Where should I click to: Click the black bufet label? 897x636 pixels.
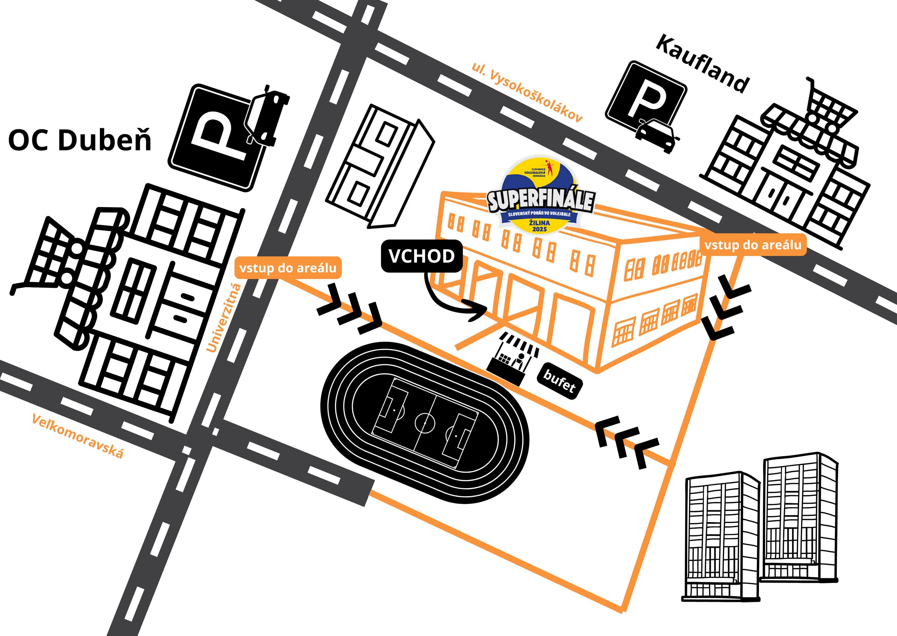559,381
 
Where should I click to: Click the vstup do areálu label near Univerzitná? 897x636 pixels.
288,268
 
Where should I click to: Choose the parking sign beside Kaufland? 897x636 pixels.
646,96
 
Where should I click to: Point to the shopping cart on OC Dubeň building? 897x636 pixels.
47,255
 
